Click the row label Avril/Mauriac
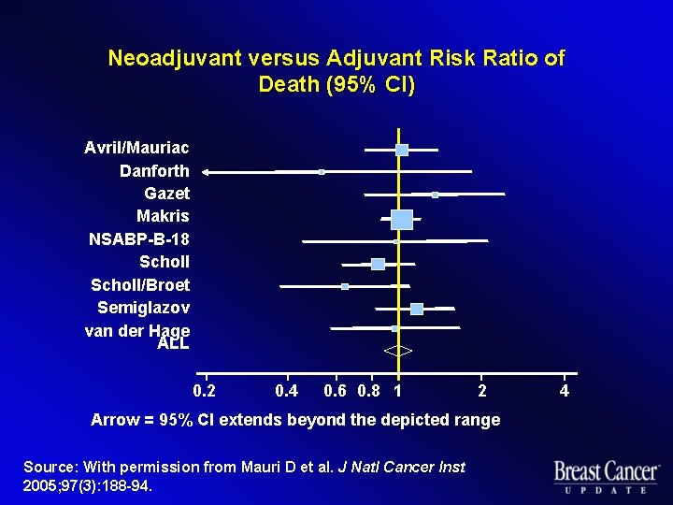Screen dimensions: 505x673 (136, 148)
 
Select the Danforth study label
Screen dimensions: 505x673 (154, 171)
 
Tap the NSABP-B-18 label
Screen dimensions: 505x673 (138, 239)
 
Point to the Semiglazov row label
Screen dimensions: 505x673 (143, 308)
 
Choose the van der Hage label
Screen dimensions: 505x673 (136, 329)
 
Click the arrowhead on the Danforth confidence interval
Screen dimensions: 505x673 (207, 172)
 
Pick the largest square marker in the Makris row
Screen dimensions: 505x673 (401, 219)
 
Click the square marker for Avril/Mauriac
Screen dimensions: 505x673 (402, 150)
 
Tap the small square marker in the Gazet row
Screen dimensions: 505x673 (435, 195)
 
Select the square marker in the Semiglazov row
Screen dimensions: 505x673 (416, 309)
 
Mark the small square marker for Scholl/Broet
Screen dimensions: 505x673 (345, 286)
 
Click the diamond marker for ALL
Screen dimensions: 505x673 (398, 352)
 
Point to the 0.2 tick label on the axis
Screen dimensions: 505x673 (203, 391)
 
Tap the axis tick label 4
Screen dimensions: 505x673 (564, 391)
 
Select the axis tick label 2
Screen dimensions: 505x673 (480, 391)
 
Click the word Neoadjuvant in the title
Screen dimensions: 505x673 (175, 59)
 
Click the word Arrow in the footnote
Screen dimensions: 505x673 (116, 420)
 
